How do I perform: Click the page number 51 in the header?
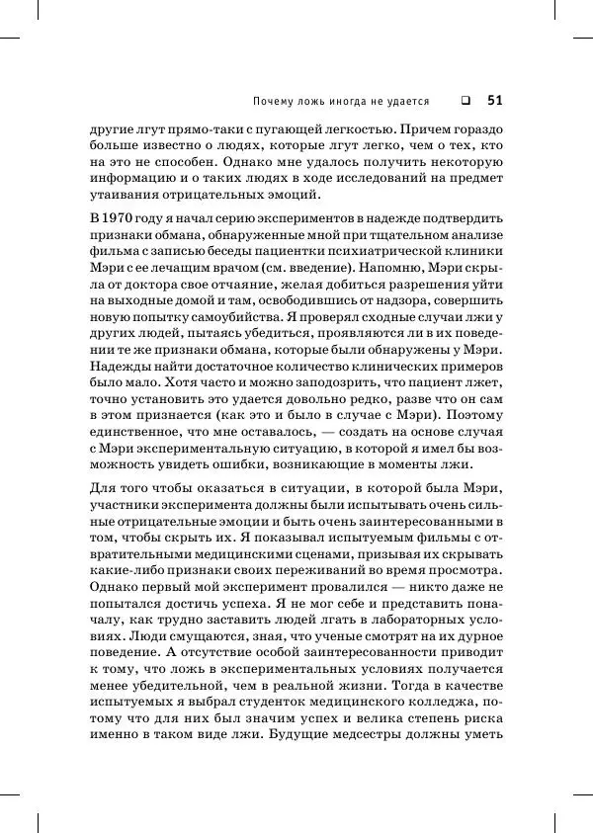coord(495,100)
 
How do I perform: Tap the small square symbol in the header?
coord(464,100)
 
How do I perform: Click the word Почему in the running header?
coord(272,101)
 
